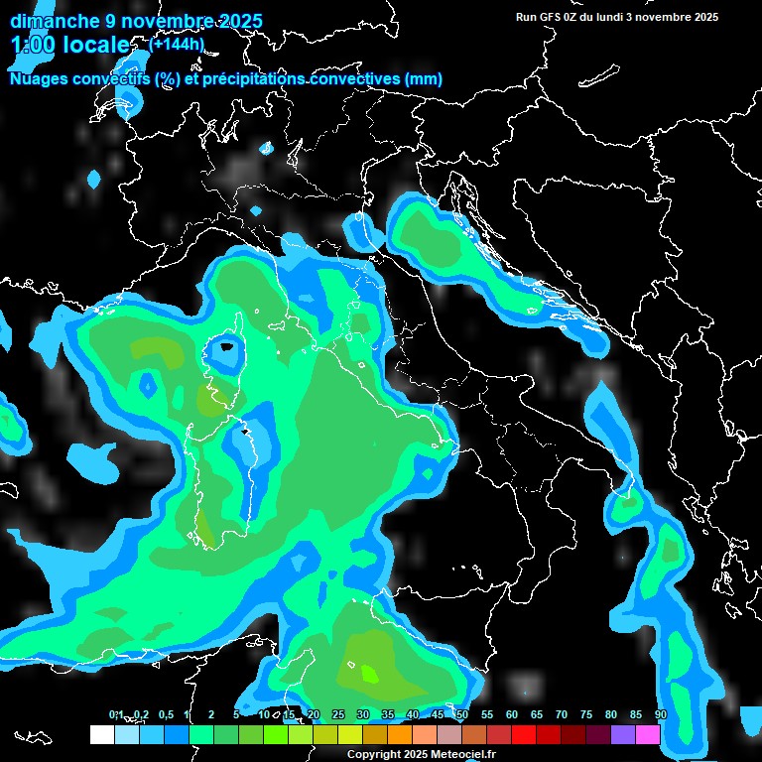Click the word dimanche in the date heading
pos(52,21)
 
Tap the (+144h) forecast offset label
pos(176,44)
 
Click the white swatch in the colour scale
pos(101,734)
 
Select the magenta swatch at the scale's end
pos(648,734)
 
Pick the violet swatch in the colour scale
pos(623,734)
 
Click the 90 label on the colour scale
pos(661,715)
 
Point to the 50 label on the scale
pos(462,715)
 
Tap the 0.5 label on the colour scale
pos(166,715)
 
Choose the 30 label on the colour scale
pos(363,715)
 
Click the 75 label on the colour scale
pos(586,715)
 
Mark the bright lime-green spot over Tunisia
pos(369,675)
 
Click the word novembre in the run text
pos(663,17)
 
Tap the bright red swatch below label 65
pos(524,734)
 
